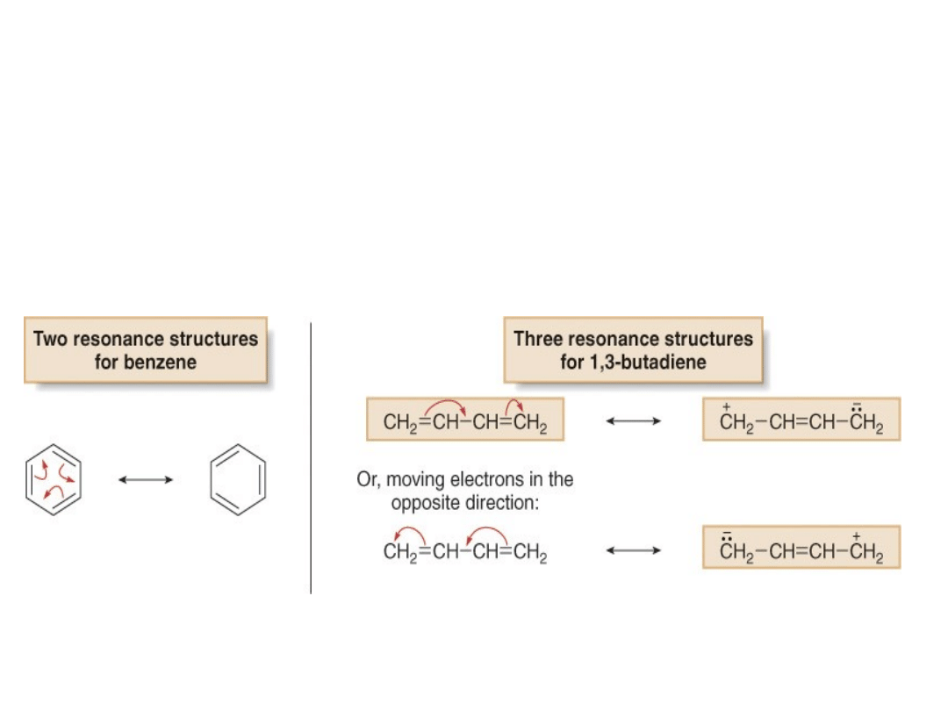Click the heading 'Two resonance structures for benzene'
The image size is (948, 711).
[145, 349]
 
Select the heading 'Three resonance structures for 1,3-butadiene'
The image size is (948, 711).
[633, 349]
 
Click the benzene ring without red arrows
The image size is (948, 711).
[238, 479]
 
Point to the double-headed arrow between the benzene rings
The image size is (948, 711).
[146, 479]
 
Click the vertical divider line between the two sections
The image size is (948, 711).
[311, 456]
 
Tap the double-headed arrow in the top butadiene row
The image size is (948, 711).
[633, 421]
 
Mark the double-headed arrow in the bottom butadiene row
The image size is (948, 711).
[633, 550]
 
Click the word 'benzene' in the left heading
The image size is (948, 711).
[163, 362]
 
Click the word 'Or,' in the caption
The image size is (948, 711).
[369, 480]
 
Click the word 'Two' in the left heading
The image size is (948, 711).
[50, 339]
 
